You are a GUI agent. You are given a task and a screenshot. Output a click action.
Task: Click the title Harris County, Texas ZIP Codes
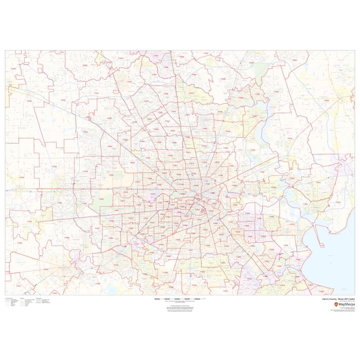tap(334, 299)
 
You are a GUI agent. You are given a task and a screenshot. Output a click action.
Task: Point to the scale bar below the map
tap(180, 298)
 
